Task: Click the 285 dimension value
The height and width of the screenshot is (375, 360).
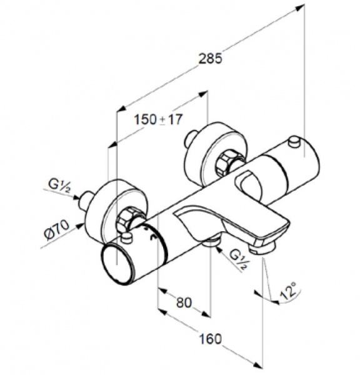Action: pos(211,59)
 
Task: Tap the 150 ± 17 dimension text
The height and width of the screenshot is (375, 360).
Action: pos(159,119)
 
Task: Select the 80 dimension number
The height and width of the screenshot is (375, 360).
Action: pos(184,302)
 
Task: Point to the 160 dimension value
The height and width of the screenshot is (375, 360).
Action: pos(211,339)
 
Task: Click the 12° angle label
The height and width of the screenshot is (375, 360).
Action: pos(289,291)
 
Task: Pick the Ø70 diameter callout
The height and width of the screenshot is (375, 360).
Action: pos(57,229)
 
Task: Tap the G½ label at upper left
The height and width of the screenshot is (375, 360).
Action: pos(59,186)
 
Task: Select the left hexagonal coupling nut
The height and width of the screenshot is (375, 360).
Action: pos(127,219)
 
